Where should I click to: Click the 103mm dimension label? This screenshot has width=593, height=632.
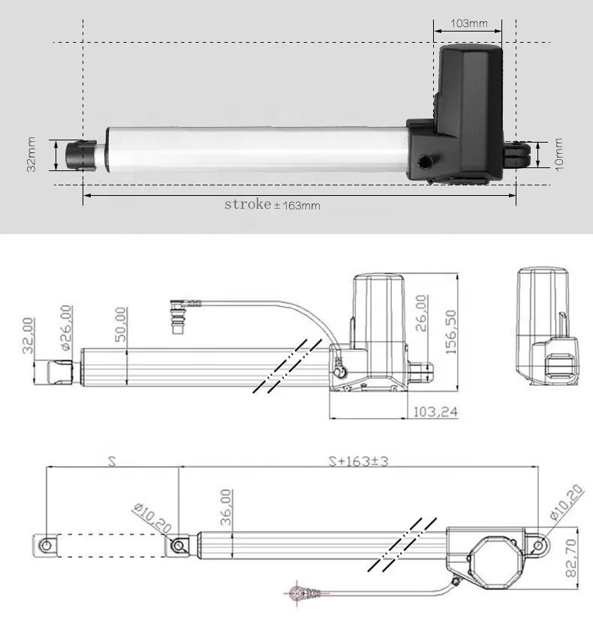468,23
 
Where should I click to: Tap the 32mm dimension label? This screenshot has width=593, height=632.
31,155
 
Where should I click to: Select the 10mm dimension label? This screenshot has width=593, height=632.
558,155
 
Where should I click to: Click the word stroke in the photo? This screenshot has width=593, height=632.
248,204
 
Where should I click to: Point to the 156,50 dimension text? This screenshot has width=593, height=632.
451,332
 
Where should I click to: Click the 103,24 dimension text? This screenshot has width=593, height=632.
436,412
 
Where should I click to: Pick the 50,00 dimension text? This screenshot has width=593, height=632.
121,324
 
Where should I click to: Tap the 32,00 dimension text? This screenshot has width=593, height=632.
28,336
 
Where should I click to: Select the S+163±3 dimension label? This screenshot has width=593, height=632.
358,461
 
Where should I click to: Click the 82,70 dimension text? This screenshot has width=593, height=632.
571,558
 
